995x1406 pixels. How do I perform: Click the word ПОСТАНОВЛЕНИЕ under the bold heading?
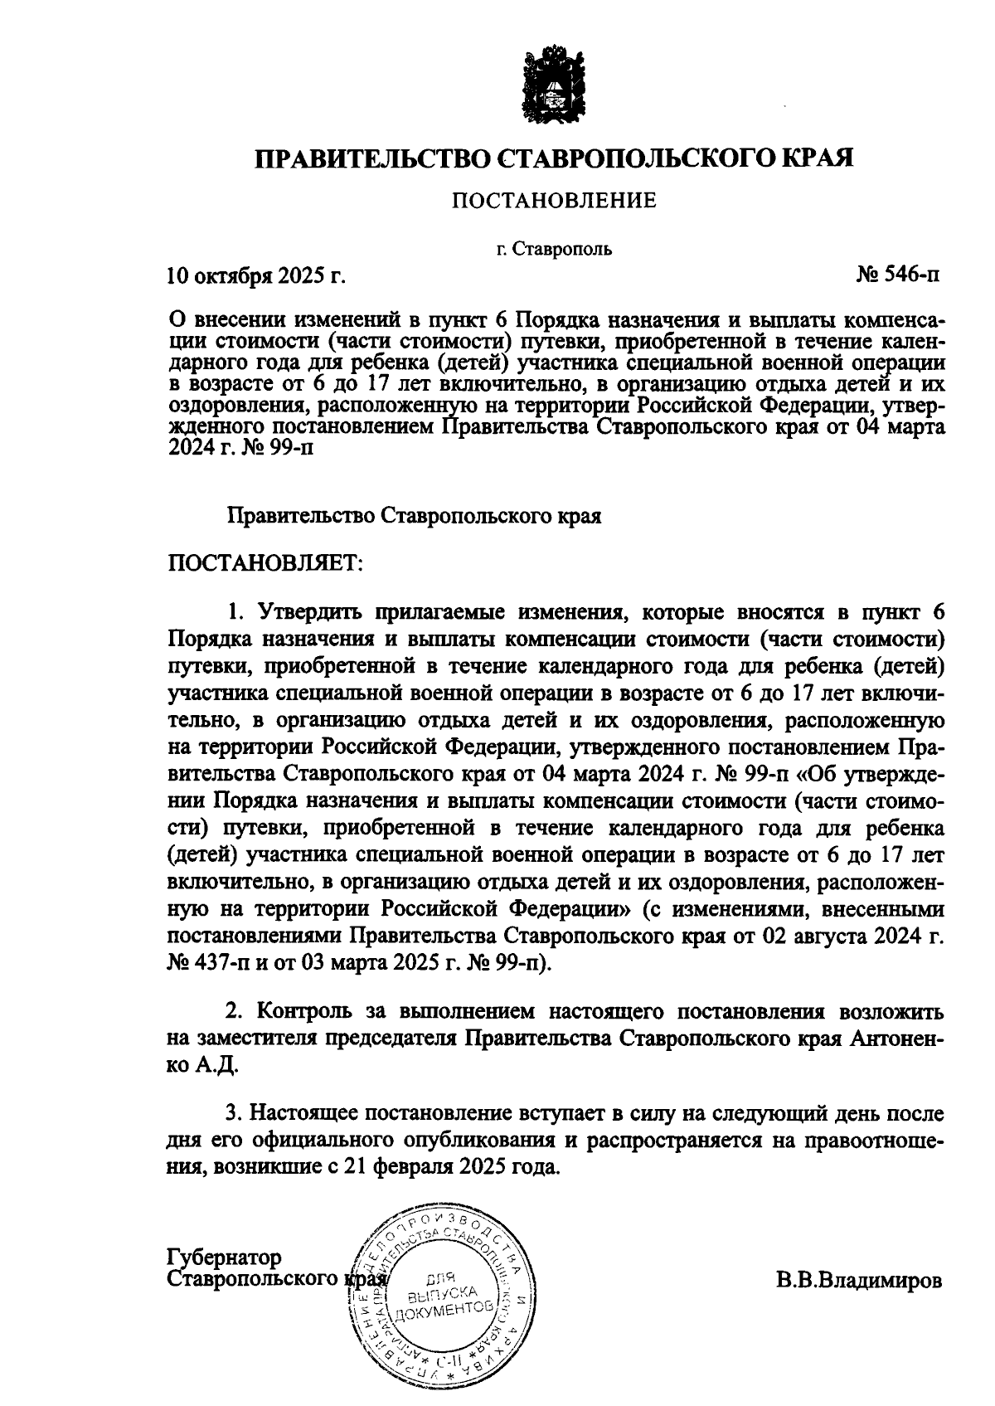click(553, 200)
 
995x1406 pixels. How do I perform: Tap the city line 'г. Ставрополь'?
click(554, 248)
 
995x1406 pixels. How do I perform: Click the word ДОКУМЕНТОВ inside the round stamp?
click(444, 1310)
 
